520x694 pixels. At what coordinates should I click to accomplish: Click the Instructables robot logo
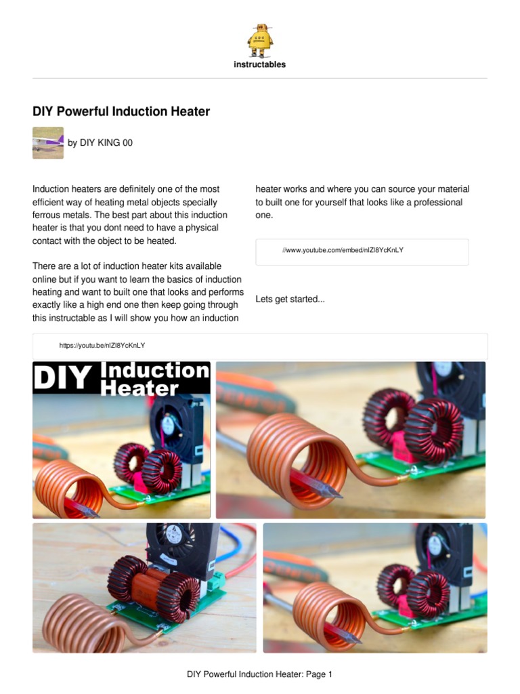pyautogui.click(x=260, y=40)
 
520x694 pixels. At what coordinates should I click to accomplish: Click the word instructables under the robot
pyautogui.click(x=260, y=65)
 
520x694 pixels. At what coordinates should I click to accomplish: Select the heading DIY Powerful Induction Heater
pyautogui.click(x=121, y=110)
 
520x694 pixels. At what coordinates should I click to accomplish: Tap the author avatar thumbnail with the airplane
pyautogui.click(x=48, y=143)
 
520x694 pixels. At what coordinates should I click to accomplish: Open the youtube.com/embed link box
pyautogui.click(x=362, y=251)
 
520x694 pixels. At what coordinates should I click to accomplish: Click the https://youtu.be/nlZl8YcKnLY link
pyautogui.click(x=102, y=346)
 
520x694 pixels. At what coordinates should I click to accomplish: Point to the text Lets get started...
pyautogui.click(x=290, y=299)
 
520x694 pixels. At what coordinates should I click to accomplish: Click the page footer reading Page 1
pyautogui.click(x=260, y=674)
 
